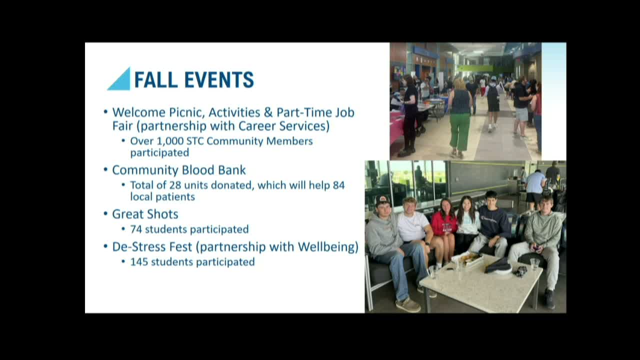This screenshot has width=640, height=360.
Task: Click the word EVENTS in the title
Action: coord(219,79)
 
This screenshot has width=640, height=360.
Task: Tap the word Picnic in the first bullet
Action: coord(187,112)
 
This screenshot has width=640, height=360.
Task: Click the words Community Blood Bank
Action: coord(179,170)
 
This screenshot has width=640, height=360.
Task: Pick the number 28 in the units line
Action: coord(175,185)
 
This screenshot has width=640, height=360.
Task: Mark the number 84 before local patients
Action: coord(339,185)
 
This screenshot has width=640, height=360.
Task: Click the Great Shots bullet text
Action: coord(145,214)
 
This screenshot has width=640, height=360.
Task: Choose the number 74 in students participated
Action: coord(136,229)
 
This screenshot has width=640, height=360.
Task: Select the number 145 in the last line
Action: coord(139,262)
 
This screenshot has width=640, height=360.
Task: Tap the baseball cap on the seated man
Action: coord(382,199)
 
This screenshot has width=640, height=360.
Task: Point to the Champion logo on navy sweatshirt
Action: coord(488,219)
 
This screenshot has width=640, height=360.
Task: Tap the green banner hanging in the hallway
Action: coord(475,68)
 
